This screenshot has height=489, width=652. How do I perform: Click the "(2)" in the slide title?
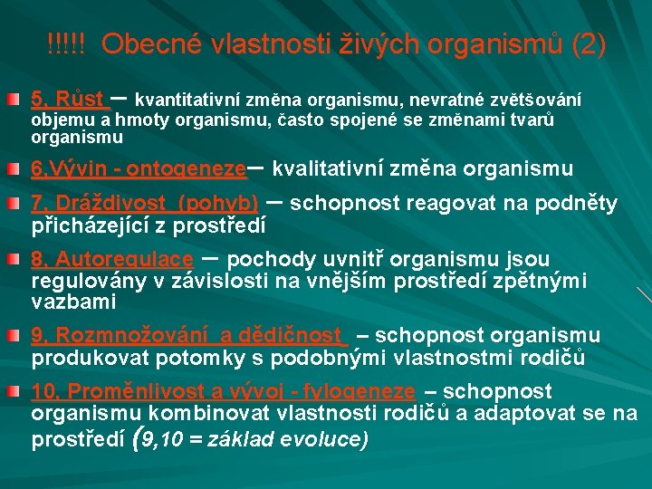tap(588, 43)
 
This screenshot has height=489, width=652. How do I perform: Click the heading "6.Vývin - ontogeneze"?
tap(138, 168)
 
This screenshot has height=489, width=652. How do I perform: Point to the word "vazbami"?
tap(73, 301)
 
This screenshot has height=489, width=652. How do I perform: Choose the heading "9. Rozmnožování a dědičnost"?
tap(189, 337)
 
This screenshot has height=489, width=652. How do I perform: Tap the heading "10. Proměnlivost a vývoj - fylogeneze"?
tap(223, 392)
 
